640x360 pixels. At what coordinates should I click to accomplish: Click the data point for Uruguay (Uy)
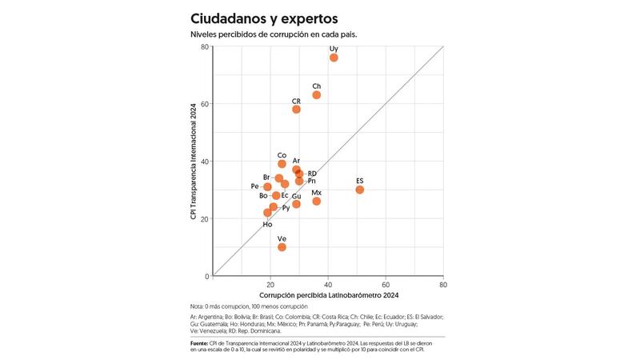coord(334,58)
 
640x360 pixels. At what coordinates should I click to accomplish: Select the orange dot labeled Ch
coord(317,94)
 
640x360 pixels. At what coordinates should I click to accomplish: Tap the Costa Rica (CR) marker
coord(296,110)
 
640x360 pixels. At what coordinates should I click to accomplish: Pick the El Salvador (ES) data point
coord(360,190)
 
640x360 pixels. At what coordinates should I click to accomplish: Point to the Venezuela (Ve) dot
coord(282,247)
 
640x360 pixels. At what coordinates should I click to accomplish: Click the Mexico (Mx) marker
coord(317,202)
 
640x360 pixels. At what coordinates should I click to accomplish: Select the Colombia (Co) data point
coord(282,164)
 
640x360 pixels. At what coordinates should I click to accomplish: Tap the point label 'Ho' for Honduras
coord(267,225)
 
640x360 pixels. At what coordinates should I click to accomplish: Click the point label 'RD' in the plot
coord(312,174)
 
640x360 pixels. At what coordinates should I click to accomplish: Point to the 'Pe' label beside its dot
coord(255,186)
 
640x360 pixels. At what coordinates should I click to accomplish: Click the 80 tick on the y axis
coord(205,46)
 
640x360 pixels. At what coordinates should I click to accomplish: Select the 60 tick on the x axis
coord(386,285)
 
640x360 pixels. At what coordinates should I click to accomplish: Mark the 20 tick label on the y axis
coord(205,218)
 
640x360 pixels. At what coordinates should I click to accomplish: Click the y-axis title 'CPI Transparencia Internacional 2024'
coord(194,161)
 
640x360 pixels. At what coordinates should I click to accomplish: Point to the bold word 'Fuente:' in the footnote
coord(200,342)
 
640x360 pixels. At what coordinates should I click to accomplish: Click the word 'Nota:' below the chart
coord(198,307)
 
